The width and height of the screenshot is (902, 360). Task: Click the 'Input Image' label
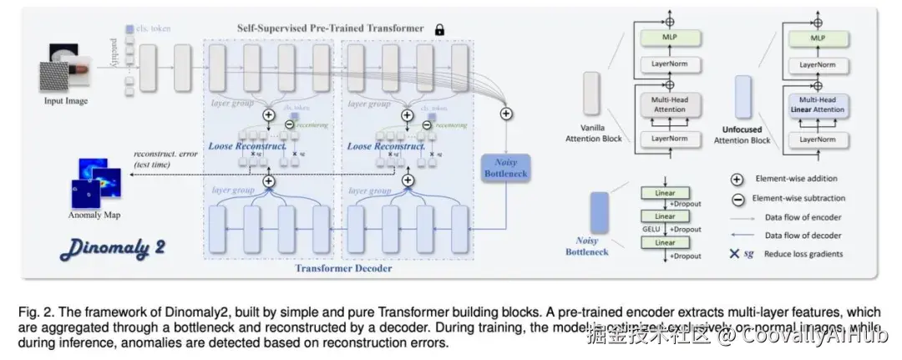click(66, 101)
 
